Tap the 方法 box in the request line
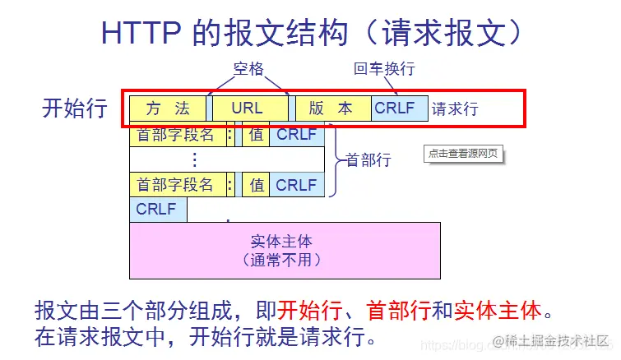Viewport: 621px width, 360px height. [x=168, y=108]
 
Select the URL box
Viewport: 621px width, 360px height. [x=248, y=108]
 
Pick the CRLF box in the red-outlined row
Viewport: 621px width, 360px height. [x=396, y=108]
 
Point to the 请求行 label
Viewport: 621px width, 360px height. [x=455, y=108]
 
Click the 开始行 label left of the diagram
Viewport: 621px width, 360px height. [x=74, y=108]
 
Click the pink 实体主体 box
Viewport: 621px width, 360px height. [x=285, y=250]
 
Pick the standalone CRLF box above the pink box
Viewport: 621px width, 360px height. [x=157, y=210]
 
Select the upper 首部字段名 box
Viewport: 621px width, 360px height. [x=175, y=135]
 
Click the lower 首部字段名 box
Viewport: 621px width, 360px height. [x=175, y=185]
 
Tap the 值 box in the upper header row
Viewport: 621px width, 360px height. [x=256, y=135]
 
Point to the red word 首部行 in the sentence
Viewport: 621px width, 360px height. [x=398, y=312]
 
